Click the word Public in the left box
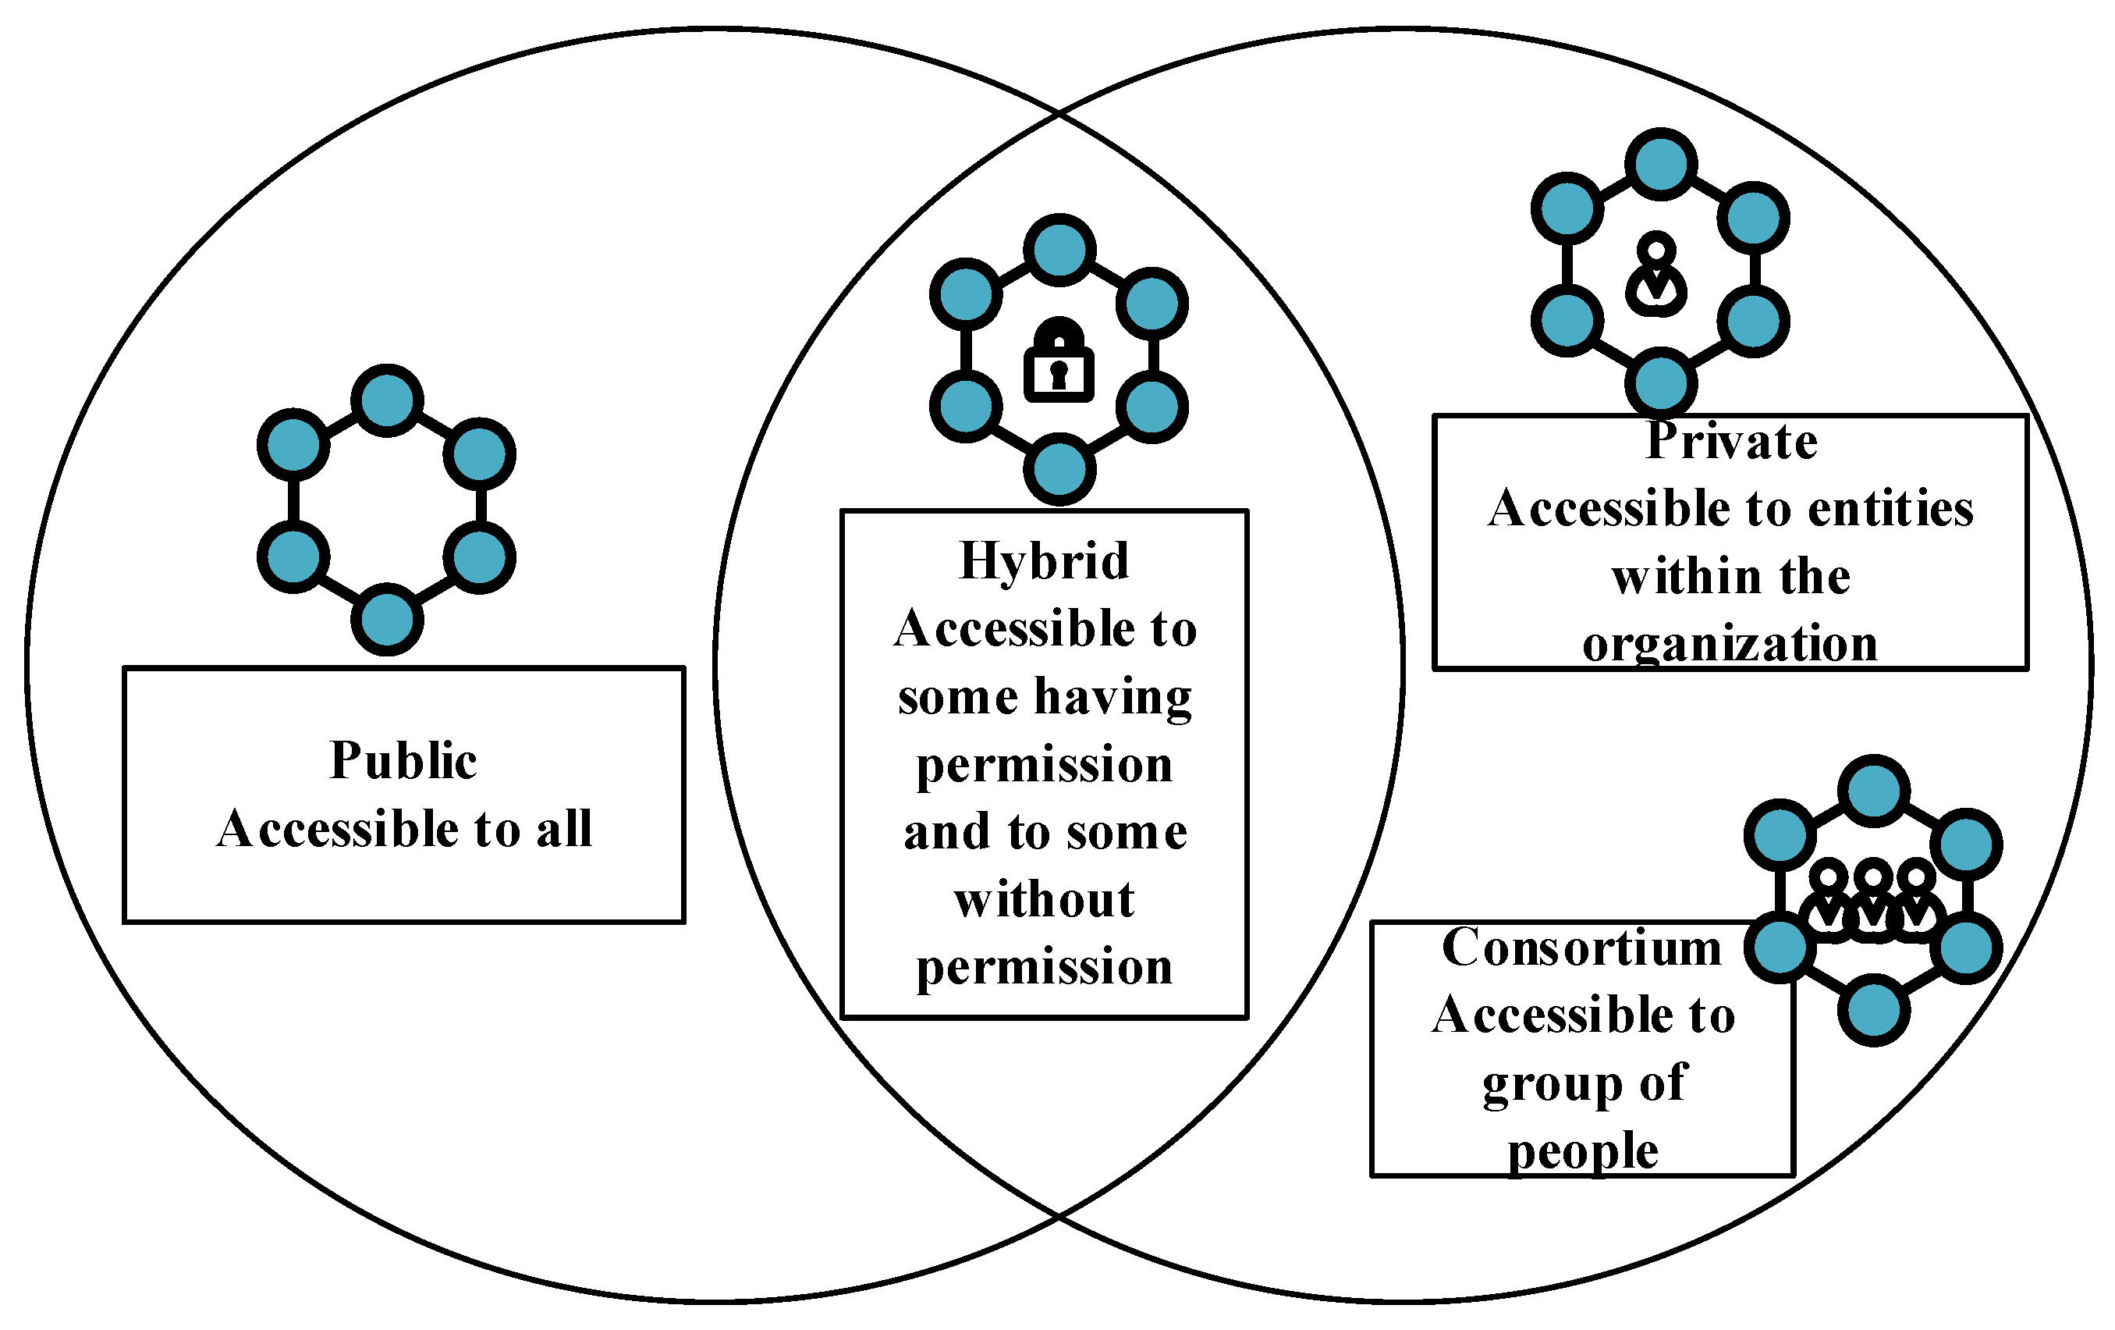coord(403,761)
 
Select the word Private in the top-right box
coord(1731,441)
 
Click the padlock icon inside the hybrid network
coord(1059,361)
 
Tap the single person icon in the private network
coord(1655,274)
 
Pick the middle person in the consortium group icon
coord(1872,900)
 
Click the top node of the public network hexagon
coord(387,400)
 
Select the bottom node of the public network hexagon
coord(387,619)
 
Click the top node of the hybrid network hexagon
coord(1059,251)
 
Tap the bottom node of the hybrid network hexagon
coord(1059,469)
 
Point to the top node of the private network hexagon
coord(1661,164)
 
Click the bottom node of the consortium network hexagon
coord(1873,1010)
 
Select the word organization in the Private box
coord(1730,645)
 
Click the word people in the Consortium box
coord(1583,1152)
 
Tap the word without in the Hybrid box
coord(1045,901)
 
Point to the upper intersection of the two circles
coord(1059,113)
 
